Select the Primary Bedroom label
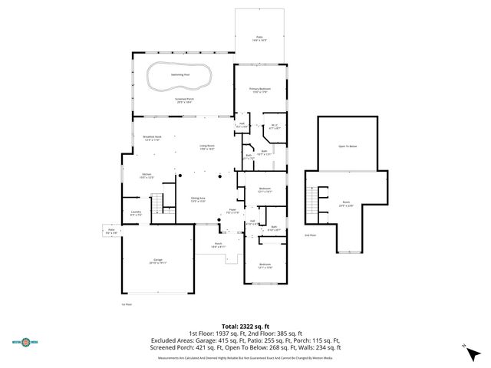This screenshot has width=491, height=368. (259, 90)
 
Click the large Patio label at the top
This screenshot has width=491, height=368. (259, 37)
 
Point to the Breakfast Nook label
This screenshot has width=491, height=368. (150, 139)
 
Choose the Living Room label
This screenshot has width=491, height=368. (207, 147)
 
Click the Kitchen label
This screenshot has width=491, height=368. (147, 176)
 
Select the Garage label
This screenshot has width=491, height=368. (158, 261)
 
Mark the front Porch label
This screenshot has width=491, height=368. (218, 245)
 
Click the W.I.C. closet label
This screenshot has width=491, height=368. (274, 127)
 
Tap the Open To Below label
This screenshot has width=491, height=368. (348, 146)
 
